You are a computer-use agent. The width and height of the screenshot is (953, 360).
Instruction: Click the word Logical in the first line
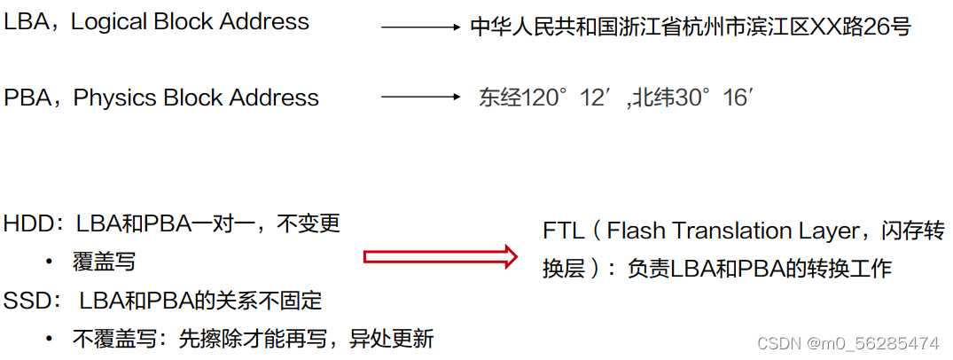105,23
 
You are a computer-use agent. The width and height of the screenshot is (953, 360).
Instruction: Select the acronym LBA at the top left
27,23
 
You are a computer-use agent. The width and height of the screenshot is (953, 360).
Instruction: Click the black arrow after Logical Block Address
420,27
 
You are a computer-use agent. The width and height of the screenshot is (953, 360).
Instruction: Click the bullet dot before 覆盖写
49,263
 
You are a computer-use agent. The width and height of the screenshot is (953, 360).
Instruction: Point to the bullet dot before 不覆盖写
49,340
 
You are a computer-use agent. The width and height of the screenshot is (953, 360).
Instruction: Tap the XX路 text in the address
832,27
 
